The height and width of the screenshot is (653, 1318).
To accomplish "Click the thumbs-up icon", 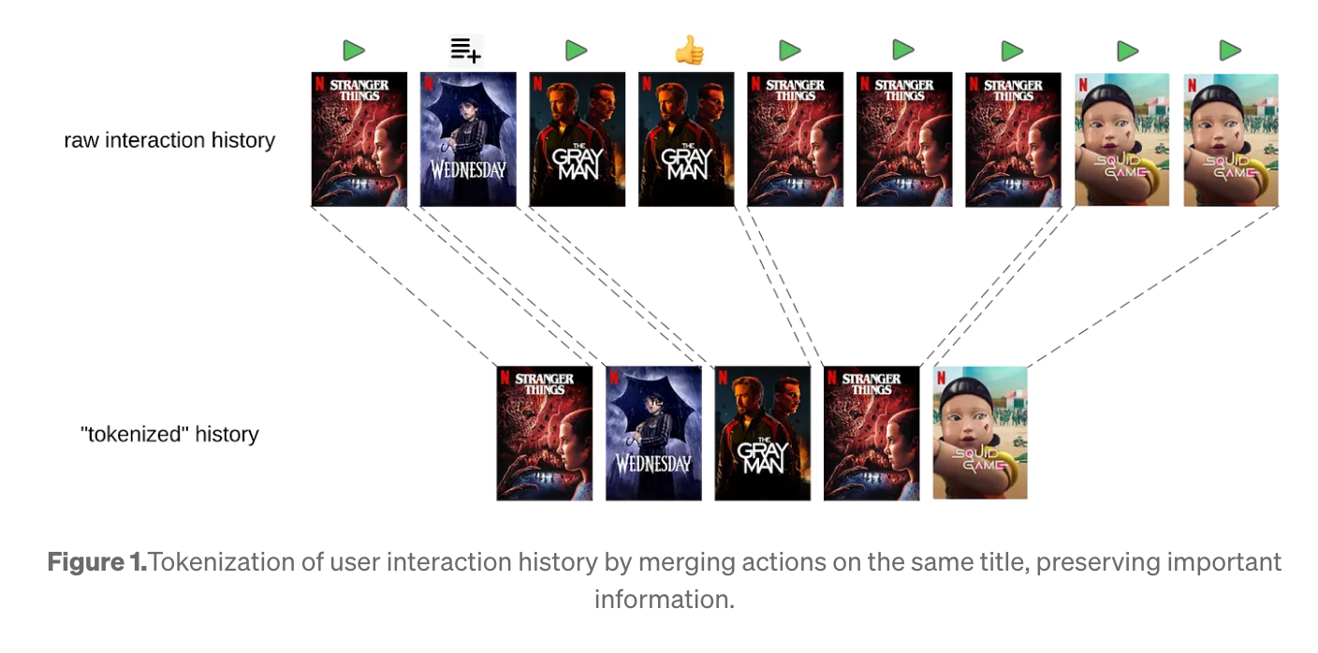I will [689, 51].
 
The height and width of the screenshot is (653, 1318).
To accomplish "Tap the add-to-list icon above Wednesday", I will [465, 49].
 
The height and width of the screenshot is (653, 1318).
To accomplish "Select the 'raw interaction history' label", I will [169, 140].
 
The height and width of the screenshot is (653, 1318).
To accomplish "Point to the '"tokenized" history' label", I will [169, 434].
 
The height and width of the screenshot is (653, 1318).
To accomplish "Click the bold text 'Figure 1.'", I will [97, 562].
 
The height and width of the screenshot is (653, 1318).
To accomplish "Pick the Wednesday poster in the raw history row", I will [468, 139].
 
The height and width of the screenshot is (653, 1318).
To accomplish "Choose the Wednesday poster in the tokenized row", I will [653, 433].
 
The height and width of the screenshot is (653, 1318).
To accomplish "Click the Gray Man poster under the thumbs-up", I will [686, 139].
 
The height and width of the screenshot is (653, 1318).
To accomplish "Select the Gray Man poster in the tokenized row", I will [762, 433].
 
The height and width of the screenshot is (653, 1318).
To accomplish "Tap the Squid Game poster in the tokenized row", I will [980, 433].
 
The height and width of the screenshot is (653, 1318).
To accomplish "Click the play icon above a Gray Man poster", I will [577, 51].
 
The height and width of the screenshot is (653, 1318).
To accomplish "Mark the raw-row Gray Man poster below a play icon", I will [577, 139].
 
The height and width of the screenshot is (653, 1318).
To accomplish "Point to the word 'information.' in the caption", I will [664, 598].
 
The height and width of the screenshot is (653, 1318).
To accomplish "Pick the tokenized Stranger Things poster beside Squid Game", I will [871, 433].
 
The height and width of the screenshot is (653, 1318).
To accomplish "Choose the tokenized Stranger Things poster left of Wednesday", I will [544, 433].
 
